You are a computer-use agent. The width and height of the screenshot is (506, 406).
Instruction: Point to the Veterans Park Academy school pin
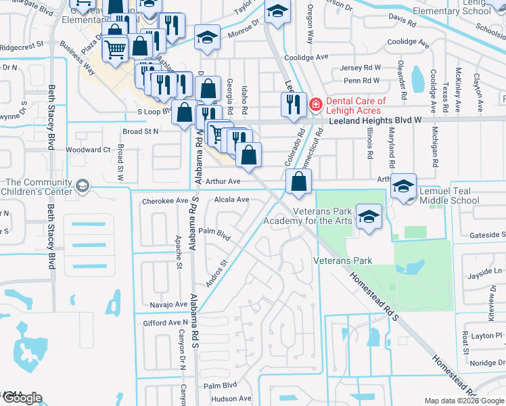368,216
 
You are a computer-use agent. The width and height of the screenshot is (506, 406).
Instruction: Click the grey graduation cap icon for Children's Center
83,185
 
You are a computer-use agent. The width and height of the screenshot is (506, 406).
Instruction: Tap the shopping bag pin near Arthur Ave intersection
298,181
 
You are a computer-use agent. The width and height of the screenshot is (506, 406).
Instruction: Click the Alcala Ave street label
231,200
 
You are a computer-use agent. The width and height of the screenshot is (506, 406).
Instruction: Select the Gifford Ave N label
164,323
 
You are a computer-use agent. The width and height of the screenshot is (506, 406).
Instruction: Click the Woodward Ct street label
88,150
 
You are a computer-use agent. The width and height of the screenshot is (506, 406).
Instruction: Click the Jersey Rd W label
360,68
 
